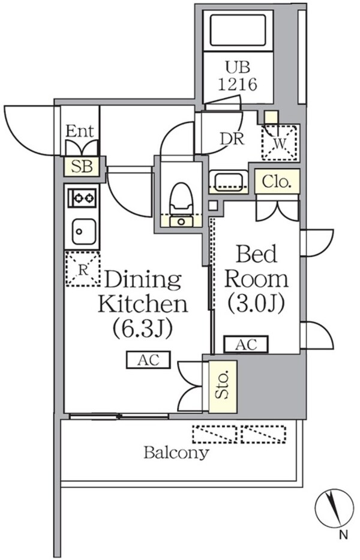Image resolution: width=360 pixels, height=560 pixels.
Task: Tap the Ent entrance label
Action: coord(79,130)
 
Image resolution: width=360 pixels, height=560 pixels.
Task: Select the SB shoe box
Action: coord(82,166)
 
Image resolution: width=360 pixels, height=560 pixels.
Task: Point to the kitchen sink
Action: coord(82,231)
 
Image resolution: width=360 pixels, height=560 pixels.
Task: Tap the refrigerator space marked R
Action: coord(83,268)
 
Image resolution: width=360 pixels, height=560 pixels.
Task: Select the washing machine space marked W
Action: coord(281,143)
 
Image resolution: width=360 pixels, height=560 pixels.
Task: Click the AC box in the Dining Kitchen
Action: coord(148,360)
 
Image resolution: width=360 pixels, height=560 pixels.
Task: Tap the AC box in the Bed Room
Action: coord(247,344)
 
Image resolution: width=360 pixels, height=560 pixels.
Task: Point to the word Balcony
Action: coord(176,452)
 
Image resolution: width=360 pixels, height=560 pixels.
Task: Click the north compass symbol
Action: coord(332,508)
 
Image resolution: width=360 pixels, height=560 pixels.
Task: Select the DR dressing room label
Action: coord(232,139)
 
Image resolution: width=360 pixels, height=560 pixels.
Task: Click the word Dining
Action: coord(143,280)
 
